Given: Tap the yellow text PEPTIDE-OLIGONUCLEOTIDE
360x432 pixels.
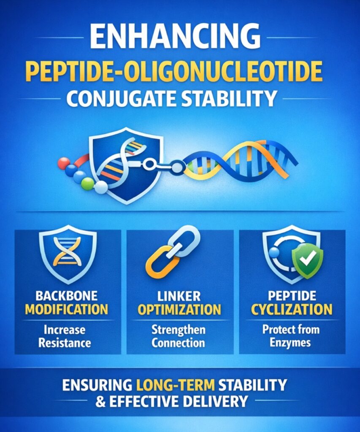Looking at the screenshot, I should click(180, 71).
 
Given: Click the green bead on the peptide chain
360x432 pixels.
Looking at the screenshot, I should click(87, 184).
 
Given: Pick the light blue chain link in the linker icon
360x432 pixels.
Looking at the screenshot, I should click(186, 240).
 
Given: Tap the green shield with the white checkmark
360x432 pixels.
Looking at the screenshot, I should click(308, 259).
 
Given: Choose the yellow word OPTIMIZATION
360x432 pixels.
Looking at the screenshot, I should click(179, 310).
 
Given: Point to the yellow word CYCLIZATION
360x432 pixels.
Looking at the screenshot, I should click(292, 310).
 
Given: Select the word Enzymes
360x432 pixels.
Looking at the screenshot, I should click(292, 342).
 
